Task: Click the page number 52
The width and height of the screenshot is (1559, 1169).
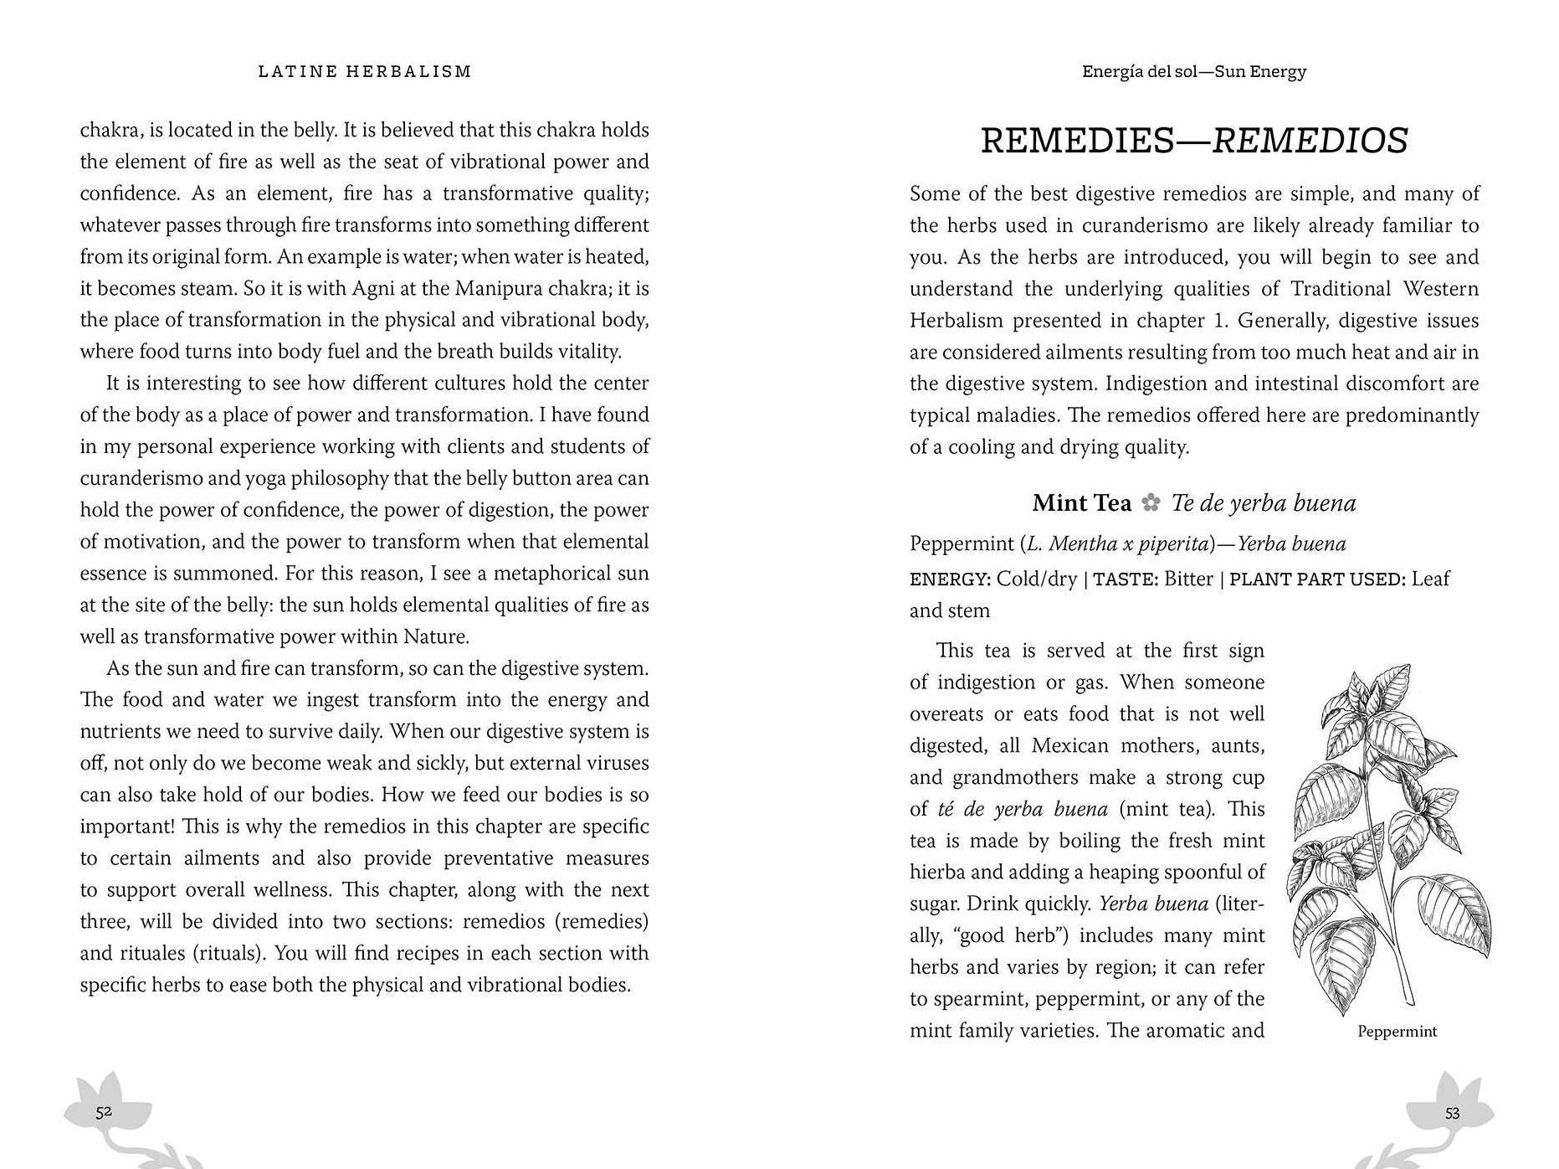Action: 104,1112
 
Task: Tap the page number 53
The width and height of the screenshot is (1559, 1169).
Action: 1452,1113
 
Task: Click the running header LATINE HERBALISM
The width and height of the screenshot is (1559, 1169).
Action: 365,72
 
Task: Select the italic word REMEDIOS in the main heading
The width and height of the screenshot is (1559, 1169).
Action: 1310,141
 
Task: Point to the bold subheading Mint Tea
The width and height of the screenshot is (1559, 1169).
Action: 1081,503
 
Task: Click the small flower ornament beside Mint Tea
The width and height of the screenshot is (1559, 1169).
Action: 1151,503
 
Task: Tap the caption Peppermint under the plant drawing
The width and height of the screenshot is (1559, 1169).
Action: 1397,1032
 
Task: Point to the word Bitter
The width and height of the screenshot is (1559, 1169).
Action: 1188,579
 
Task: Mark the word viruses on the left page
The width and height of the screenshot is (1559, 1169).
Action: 613,764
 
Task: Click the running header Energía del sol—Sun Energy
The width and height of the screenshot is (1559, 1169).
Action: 1193,72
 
